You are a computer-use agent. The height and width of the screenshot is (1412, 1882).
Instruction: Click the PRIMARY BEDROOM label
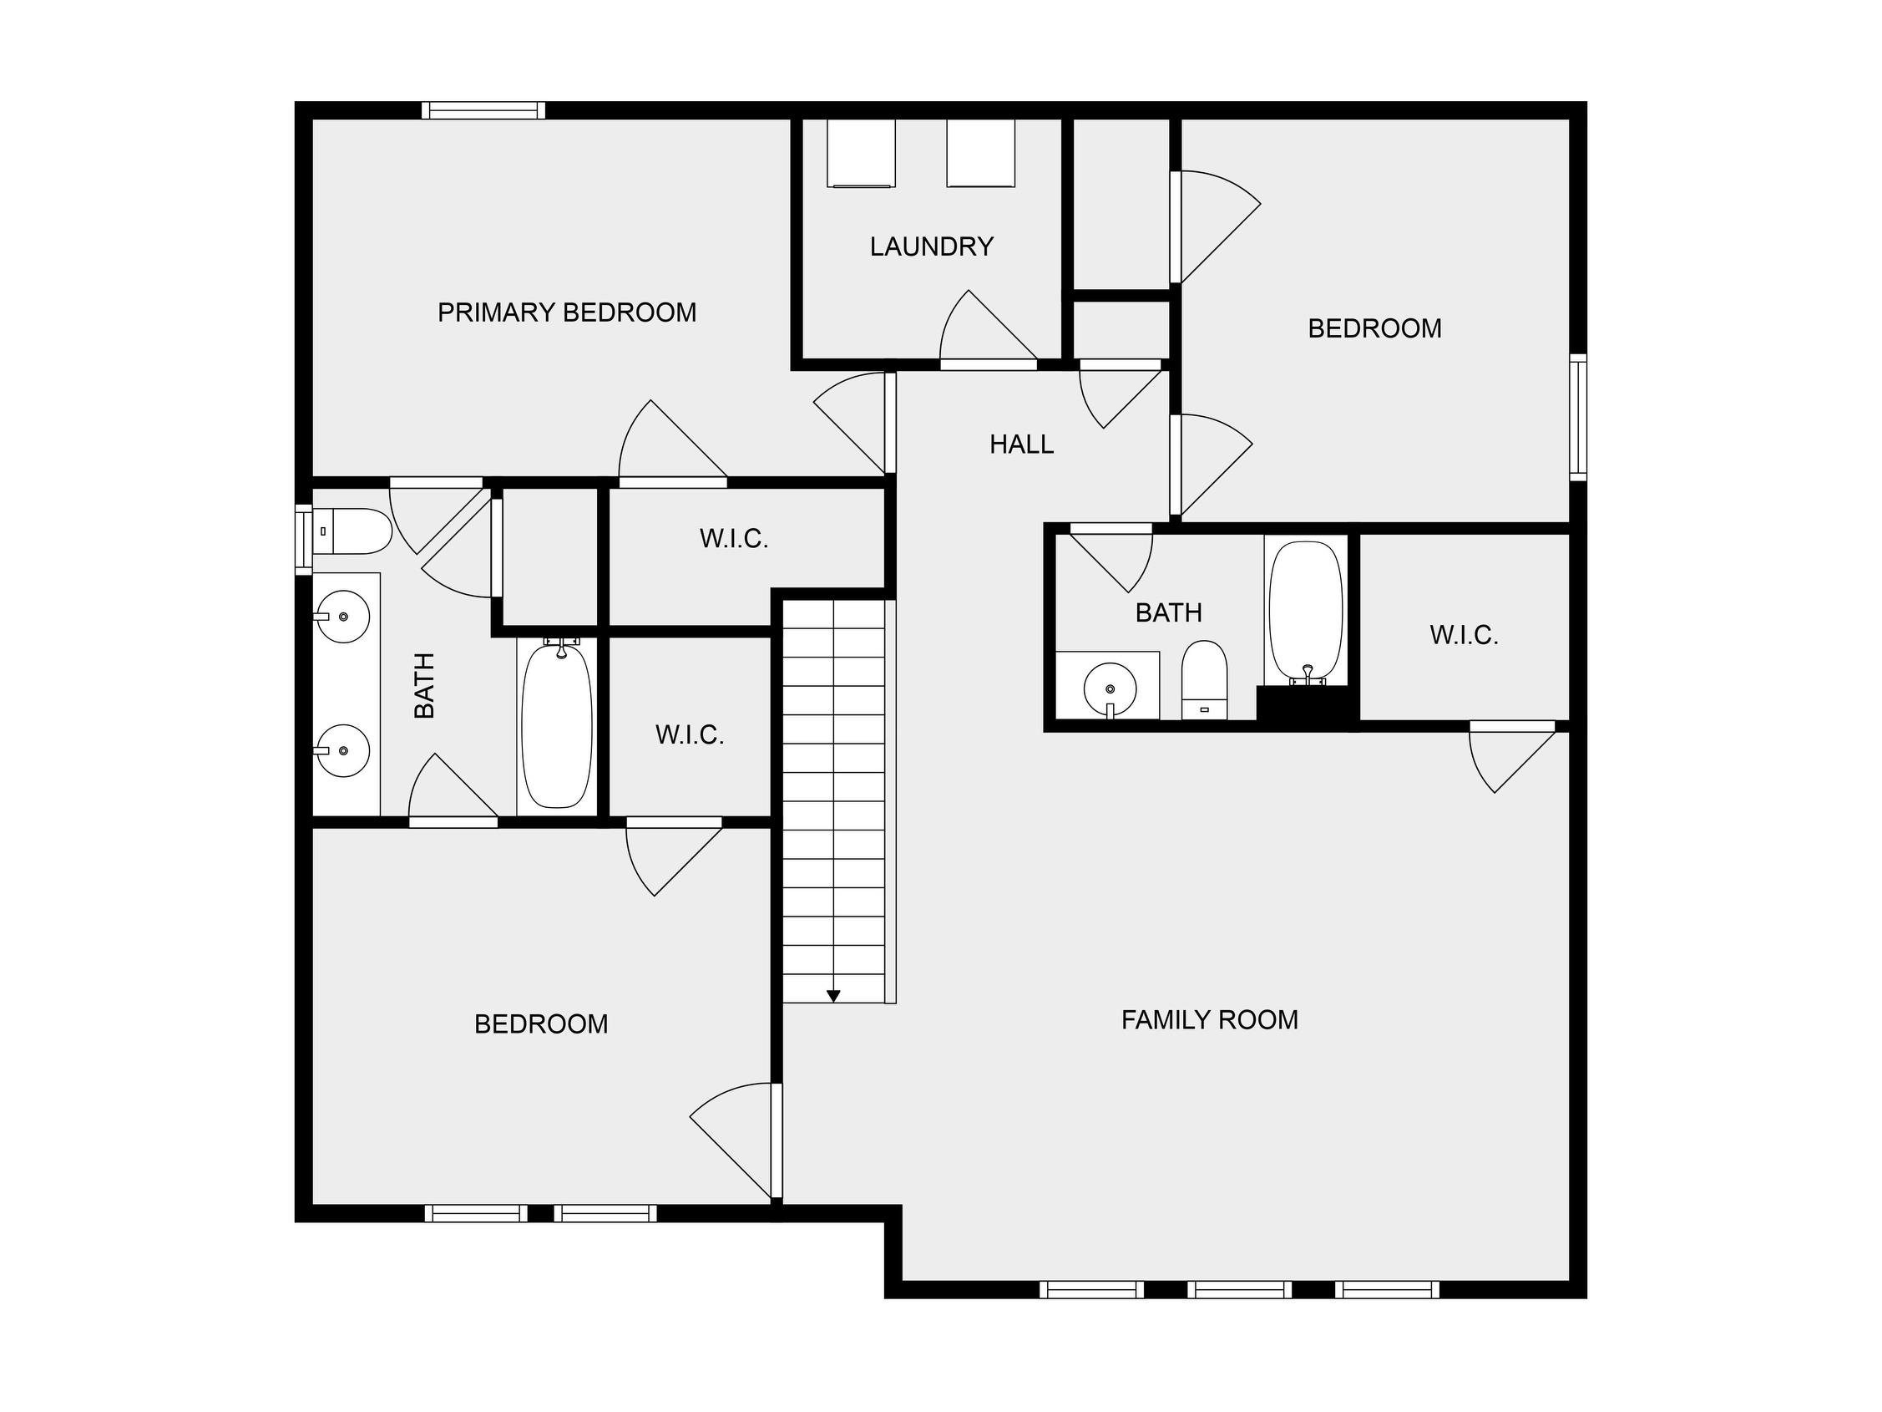pyautogui.click(x=567, y=312)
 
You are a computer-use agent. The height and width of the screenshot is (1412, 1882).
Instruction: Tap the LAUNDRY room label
pyautogui.click(x=932, y=246)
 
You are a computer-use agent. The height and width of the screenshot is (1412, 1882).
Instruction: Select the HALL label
pyautogui.click(x=1022, y=444)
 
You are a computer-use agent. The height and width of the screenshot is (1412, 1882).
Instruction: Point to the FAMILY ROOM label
pyautogui.click(x=1209, y=1019)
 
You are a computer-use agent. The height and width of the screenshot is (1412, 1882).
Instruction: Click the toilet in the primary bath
pyautogui.click(x=352, y=531)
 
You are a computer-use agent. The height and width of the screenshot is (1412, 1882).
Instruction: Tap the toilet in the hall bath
pyautogui.click(x=1204, y=680)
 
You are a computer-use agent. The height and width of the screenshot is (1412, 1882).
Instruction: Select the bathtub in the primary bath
pyautogui.click(x=556, y=726)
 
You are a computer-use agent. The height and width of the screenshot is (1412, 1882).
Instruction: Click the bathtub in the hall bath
pyautogui.click(x=1306, y=610)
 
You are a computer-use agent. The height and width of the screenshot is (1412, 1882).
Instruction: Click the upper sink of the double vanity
pyautogui.click(x=343, y=617)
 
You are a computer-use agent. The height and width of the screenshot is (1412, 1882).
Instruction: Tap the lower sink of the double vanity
pyautogui.click(x=343, y=750)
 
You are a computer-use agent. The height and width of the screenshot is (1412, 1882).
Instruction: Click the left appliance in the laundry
pyautogui.click(x=861, y=153)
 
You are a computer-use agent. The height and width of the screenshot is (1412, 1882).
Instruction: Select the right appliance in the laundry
pyautogui.click(x=980, y=153)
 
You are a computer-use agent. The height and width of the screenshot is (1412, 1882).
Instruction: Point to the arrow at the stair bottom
pyautogui.click(x=834, y=995)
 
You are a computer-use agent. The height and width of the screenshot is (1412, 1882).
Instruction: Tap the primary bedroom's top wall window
pyautogui.click(x=483, y=109)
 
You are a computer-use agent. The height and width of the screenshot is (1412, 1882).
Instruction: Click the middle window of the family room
pyautogui.click(x=1240, y=1289)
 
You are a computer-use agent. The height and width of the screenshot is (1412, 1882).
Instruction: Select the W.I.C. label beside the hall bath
pyautogui.click(x=1464, y=635)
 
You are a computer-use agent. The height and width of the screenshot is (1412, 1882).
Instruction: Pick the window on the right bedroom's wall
pyautogui.click(x=1578, y=417)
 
